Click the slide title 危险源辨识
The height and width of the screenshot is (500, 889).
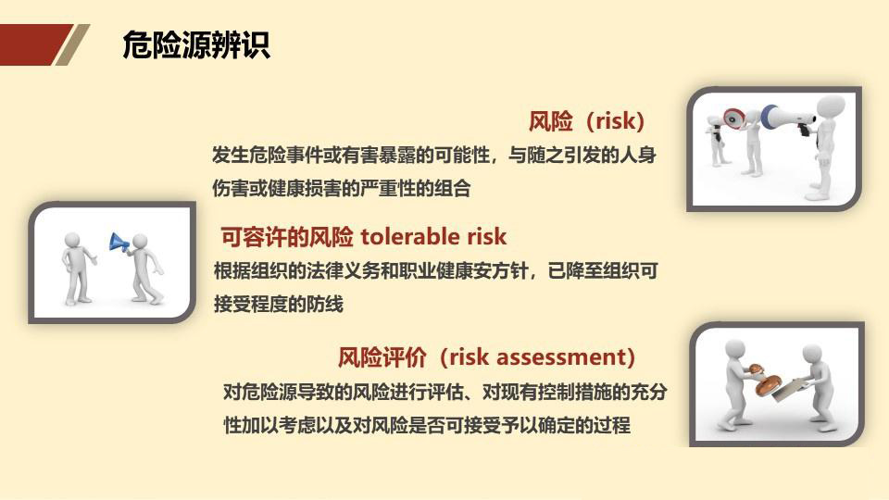[x=196, y=45]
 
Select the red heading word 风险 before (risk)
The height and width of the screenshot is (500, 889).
[x=551, y=121]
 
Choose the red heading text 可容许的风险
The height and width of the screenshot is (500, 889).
[x=287, y=237]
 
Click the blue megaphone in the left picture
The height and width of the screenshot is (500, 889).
[x=119, y=243]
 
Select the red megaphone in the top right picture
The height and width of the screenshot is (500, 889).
[x=733, y=119]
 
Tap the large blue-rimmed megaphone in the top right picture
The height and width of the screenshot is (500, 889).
[x=783, y=118]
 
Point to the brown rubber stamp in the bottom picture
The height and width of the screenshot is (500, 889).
[x=769, y=382]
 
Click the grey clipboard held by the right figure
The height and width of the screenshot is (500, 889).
[x=787, y=394]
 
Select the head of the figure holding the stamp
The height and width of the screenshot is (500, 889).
[x=735, y=351]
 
